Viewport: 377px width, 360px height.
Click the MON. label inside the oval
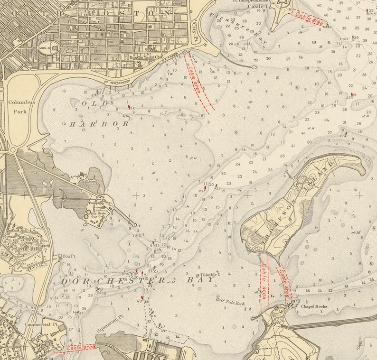click(45, 48)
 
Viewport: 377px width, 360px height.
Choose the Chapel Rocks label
click(312, 306)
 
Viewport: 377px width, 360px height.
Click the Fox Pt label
click(69, 256)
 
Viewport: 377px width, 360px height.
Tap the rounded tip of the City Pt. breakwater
click(254, 67)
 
